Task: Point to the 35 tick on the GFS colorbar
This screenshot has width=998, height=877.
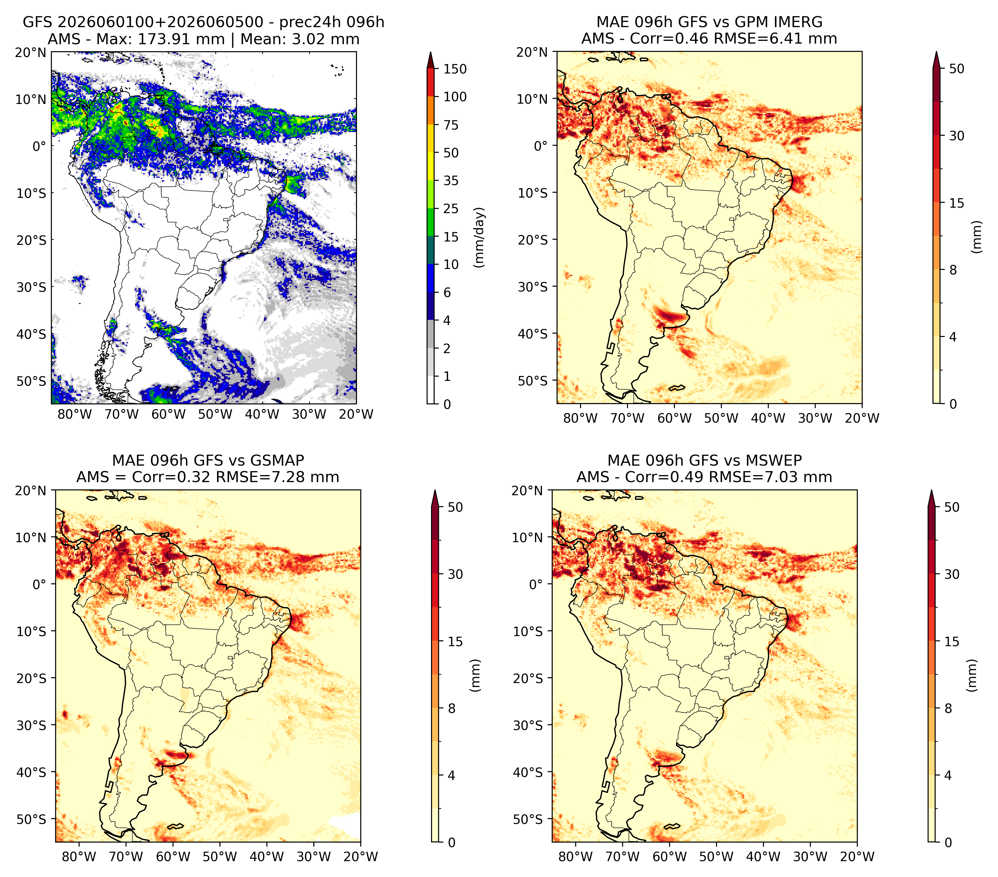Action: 451,181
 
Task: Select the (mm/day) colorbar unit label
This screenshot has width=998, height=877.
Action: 480,237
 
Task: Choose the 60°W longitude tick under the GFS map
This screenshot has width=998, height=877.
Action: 169,414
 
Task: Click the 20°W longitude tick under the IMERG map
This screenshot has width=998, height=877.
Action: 862,418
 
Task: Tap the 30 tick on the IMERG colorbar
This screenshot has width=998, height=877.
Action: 957,136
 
